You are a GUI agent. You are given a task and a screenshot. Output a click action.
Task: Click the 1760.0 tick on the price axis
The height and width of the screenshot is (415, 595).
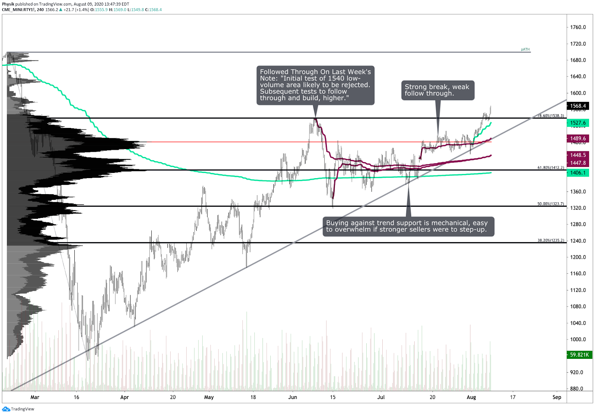coord(578,27)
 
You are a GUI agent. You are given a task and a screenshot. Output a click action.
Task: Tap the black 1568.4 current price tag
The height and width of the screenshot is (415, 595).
coord(578,106)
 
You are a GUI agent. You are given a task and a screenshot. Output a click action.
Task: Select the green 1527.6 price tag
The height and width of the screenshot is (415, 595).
coord(578,123)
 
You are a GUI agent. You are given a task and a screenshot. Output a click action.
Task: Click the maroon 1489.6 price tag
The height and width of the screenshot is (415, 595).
coord(578,138)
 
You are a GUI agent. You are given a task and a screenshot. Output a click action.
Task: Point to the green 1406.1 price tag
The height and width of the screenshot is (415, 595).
coord(578,173)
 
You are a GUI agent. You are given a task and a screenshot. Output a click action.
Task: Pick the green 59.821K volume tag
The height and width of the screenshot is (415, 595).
coord(579,355)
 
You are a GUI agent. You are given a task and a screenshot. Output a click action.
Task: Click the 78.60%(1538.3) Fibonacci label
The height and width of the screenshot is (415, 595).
coord(551,116)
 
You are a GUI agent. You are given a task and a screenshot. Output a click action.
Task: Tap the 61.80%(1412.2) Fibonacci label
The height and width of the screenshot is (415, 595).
coord(551,167)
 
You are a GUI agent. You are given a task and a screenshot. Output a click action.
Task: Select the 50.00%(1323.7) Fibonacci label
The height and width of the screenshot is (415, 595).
coord(550,204)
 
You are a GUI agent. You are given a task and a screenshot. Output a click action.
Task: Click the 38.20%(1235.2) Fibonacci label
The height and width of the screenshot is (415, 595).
coord(551,240)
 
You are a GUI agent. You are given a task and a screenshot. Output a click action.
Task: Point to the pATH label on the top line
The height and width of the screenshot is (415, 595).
coord(525,49)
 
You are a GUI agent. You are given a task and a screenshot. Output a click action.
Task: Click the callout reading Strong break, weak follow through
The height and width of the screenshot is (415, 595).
coord(437,90)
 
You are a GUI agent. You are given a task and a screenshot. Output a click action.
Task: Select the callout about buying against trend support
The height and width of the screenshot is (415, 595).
coord(408,226)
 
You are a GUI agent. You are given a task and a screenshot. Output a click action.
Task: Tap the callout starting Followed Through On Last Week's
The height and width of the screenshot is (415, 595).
coord(315,85)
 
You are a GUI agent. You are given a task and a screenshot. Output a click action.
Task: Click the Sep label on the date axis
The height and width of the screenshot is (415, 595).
coord(557,397)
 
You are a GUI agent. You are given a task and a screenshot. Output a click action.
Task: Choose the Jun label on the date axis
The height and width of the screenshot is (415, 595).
coord(293,397)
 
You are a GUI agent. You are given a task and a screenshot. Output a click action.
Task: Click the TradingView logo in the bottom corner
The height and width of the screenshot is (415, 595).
coord(18,409)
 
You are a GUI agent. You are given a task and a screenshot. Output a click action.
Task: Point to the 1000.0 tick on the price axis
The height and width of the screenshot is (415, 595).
coord(578,339)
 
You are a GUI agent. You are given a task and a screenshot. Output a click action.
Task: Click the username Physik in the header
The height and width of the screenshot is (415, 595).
coord(8,4)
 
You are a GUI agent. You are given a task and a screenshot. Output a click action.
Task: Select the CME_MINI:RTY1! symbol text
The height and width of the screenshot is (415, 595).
coord(18,10)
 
